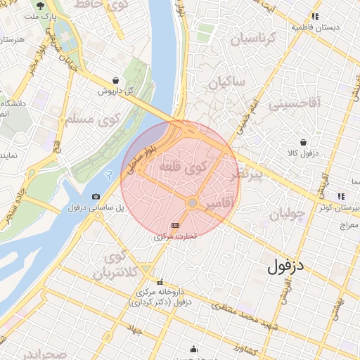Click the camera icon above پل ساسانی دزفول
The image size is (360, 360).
[x=96, y=197]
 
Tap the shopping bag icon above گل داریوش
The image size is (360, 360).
[x=115, y=80]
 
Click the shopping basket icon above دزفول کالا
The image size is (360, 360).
[x=303, y=142]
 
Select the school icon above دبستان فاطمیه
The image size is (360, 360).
[x=316, y=16]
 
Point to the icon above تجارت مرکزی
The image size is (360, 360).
[x=175, y=226]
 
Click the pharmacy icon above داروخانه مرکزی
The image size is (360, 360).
[x=160, y=281]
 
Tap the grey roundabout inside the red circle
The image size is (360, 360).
[x=192, y=202]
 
